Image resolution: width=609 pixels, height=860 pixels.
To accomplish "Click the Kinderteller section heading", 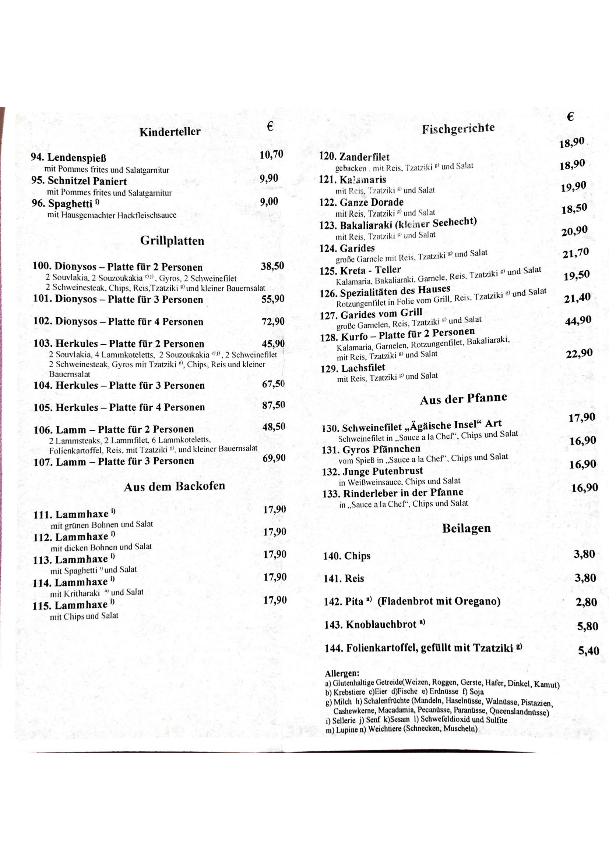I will pyautogui.click(x=170, y=132).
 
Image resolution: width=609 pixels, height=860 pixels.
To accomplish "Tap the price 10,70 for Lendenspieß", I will pyautogui.click(x=271, y=155).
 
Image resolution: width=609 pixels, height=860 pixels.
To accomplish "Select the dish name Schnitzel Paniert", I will pyautogui.click(x=87, y=181).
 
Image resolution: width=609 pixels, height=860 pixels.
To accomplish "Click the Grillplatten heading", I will pyautogui.click(x=172, y=241).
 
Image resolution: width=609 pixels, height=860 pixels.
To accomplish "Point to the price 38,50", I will pyautogui.click(x=272, y=266).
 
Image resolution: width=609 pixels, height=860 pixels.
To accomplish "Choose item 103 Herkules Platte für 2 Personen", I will pyautogui.click(x=119, y=344).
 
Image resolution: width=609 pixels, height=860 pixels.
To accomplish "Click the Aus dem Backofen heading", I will pyautogui.click(x=175, y=486).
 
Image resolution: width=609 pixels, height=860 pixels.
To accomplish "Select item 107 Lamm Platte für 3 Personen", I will pyautogui.click(x=114, y=461).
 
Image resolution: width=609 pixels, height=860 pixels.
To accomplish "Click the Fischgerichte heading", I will pyautogui.click(x=458, y=128).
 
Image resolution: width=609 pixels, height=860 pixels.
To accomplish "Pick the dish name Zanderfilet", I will pyautogui.click(x=364, y=157).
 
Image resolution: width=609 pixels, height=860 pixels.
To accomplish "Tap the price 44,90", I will pyautogui.click(x=578, y=321).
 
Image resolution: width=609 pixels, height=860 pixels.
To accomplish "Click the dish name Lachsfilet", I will pyautogui.click(x=363, y=368).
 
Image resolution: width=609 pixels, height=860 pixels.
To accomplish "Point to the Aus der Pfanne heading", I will pyautogui.click(x=463, y=399).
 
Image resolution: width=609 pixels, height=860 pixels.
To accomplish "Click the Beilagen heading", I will pyautogui.click(x=466, y=528).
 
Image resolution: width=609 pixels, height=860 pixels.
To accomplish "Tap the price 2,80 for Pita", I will pyautogui.click(x=586, y=602).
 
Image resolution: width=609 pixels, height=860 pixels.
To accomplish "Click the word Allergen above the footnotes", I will pyautogui.click(x=342, y=673).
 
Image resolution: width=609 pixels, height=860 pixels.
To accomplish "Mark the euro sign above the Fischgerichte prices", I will pyautogui.click(x=570, y=117).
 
